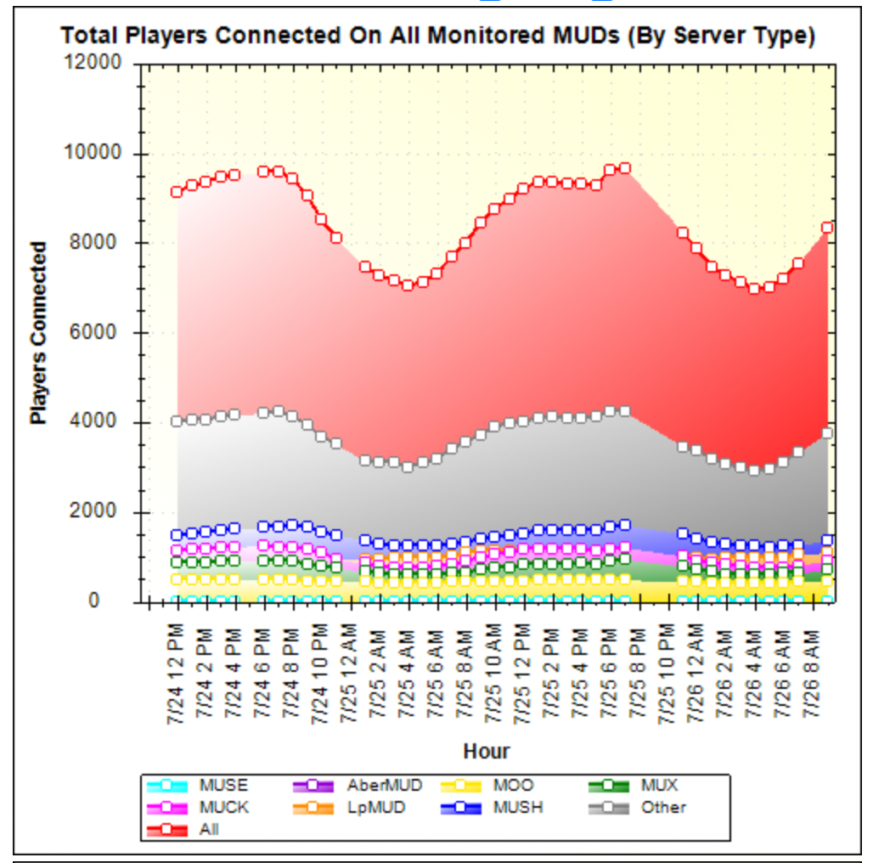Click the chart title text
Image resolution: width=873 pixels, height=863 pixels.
438,36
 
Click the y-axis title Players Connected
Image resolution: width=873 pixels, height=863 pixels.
38,333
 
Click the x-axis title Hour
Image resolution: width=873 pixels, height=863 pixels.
487,751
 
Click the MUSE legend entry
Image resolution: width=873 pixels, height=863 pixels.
223,786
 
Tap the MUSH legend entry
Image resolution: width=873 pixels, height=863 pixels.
517,807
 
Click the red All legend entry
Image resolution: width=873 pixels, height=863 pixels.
208,829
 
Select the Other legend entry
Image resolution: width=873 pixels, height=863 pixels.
662,807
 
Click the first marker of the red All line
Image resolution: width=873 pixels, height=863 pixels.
177,192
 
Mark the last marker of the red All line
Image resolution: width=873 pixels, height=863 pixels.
827,228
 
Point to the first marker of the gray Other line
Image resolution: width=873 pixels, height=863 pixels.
177,421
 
